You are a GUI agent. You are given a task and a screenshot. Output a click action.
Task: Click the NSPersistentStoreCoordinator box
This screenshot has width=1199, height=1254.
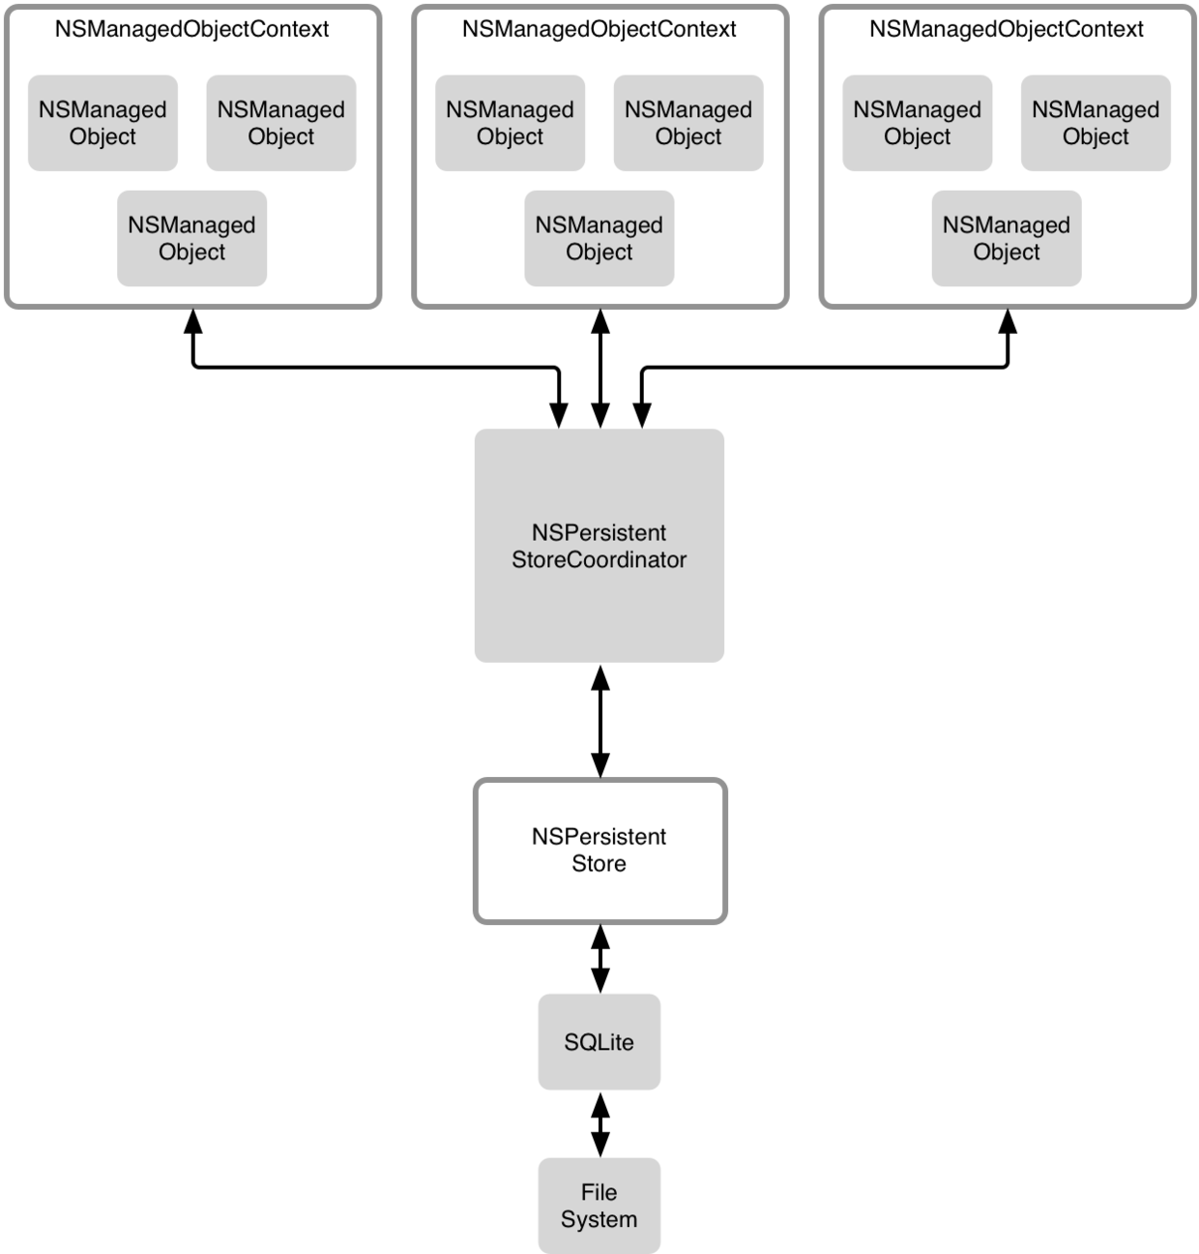coord(599,546)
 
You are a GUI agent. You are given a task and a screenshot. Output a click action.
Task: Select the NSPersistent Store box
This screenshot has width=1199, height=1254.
coord(599,851)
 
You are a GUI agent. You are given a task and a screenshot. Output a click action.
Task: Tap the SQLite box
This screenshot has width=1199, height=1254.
coord(599,1042)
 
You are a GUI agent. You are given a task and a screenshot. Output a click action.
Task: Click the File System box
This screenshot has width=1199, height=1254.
coord(599,1206)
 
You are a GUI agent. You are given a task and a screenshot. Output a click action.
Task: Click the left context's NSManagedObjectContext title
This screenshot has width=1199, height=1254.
coord(191,29)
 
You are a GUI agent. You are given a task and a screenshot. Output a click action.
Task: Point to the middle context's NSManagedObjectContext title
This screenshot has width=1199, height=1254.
coord(599,29)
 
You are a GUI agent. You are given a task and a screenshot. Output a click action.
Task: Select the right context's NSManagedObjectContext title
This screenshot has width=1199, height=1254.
coord(1006,29)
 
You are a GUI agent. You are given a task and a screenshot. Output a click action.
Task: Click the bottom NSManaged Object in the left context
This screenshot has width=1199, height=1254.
coord(191,238)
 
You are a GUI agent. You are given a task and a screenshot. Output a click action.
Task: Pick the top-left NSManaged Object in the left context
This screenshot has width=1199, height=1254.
coord(102,123)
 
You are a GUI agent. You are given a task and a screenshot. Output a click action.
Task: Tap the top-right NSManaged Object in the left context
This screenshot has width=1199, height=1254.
coord(280,123)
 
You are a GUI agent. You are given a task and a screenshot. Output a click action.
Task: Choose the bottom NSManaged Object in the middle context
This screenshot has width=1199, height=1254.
coord(599,238)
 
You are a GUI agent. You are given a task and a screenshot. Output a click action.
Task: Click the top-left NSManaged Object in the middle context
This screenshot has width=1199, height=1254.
coord(510,123)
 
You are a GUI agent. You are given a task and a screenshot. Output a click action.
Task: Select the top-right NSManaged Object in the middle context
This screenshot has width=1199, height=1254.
coord(687,123)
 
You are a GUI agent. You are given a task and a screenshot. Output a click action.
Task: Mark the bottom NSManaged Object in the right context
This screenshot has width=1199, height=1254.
coord(1006,238)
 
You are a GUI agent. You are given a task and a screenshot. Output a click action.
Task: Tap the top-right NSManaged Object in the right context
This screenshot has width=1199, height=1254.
coord(1096,123)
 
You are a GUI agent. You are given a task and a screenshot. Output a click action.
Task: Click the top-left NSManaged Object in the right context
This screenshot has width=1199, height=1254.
coord(917,123)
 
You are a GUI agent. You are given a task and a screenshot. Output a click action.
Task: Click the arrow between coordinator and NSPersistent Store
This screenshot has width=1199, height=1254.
coord(599,721)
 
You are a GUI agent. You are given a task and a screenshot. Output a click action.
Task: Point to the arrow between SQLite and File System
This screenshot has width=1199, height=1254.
coord(599,1124)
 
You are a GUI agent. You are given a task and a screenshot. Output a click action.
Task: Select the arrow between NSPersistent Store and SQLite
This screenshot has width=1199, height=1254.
coord(599,958)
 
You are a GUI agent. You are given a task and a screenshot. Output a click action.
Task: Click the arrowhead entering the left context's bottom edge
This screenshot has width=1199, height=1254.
coord(193,321)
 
